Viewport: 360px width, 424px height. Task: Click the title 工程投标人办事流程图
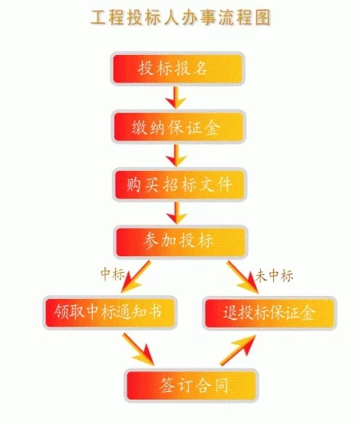click(x=181, y=18)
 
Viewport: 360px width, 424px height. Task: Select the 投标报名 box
click(x=178, y=69)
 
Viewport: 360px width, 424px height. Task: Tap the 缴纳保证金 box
click(x=178, y=127)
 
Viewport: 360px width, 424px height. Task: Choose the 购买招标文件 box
click(x=179, y=185)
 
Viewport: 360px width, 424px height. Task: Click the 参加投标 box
click(x=181, y=242)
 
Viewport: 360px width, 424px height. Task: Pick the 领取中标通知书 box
click(x=110, y=313)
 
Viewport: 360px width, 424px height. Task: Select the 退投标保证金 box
click(x=269, y=313)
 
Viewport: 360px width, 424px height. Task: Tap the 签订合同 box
click(x=191, y=385)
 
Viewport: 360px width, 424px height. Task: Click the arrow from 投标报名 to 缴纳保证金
click(x=176, y=98)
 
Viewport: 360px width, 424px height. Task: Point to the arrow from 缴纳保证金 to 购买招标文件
click(x=176, y=156)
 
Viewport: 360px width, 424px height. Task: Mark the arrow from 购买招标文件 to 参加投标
click(x=177, y=213)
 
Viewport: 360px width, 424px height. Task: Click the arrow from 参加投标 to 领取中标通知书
click(x=135, y=278)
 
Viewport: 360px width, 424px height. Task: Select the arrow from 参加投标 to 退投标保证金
click(x=243, y=278)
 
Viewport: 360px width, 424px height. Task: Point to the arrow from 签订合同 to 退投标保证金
click(x=238, y=350)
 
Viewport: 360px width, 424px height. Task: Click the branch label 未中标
click(x=274, y=276)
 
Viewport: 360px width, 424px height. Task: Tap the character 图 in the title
click(x=262, y=18)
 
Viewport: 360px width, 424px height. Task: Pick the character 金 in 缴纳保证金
click(x=211, y=127)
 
